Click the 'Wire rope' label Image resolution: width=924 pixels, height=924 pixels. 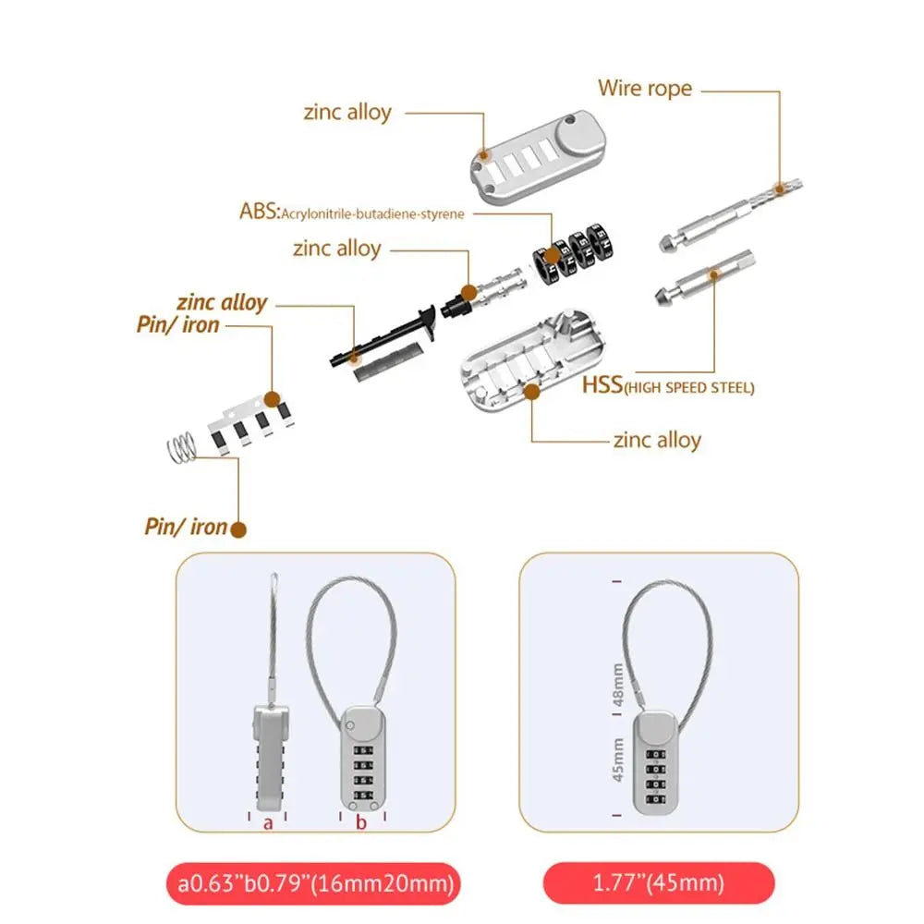tap(644, 89)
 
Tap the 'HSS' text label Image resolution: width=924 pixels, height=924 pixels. tap(601, 386)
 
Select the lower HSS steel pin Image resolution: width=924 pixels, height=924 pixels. tap(706, 282)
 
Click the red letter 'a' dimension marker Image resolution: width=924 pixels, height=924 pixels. tap(268, 822)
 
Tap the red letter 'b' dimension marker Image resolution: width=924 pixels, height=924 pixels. tap(361, 822)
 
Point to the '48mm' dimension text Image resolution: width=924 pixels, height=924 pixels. tap(617, 685)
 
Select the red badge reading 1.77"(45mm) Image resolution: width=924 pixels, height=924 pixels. tap(657, 882)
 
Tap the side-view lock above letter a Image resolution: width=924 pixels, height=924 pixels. tap(267, 753)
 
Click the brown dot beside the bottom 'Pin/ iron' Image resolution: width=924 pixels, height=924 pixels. tap(238, 529)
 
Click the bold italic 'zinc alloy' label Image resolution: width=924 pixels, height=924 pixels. tap(222, 302)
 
